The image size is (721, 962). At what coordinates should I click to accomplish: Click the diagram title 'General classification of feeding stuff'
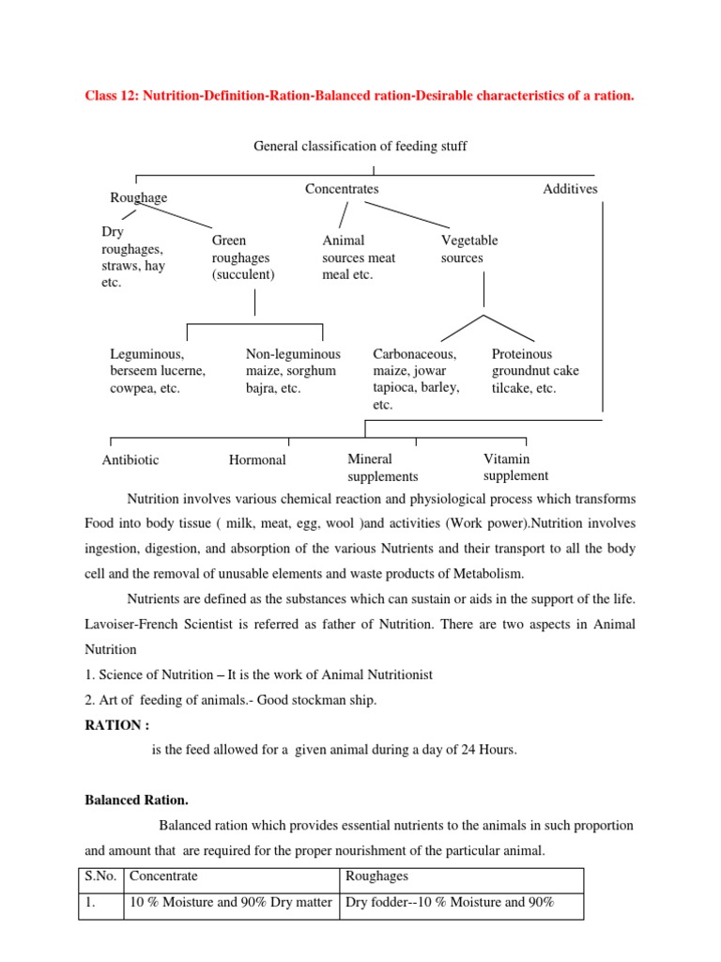pos(360,146)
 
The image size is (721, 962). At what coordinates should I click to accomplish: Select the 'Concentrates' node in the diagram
pos(342,189)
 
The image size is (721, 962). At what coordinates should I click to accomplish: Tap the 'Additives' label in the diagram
pos(570,189)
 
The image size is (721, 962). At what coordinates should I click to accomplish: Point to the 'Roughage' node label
pos(139,197)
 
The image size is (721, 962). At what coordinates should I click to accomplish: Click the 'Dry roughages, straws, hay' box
pos(131,257)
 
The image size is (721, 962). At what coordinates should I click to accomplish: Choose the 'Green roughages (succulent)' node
pos(242,257)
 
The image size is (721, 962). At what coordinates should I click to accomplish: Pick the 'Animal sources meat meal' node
pos(358,257)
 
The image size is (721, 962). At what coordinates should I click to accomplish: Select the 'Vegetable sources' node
pos(469,249)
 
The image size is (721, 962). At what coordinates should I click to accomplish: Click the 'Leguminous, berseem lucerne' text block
pos(157,371)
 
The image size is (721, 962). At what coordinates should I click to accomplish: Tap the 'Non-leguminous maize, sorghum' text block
pos(293,371)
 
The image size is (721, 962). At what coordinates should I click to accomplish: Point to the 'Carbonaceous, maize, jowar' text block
pos(416,380)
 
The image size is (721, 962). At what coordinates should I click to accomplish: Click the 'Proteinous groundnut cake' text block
pos(535,371)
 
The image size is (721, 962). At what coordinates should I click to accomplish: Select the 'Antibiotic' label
pos(130,460)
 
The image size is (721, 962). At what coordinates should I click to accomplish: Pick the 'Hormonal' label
pos(257,460)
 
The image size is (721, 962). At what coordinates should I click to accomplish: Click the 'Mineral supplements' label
pos(382,468)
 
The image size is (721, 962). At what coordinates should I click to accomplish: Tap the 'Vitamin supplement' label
pos(515,468)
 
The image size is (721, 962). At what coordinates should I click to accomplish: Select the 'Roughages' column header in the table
pos(376,877)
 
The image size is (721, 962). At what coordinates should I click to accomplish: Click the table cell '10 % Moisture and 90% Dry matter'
pos(230,904)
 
